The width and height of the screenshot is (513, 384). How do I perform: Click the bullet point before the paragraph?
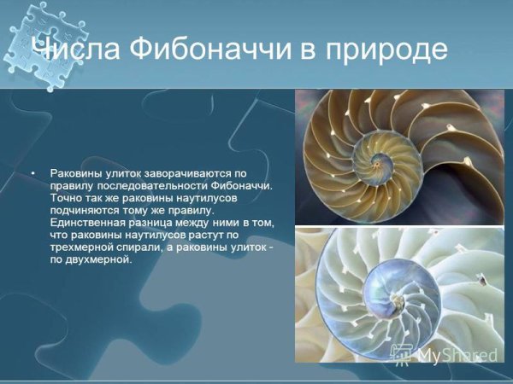[x=32, y=173]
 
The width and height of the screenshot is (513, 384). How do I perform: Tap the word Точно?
[x=66, y=198]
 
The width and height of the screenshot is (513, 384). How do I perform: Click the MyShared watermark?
[x=445, y=353]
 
